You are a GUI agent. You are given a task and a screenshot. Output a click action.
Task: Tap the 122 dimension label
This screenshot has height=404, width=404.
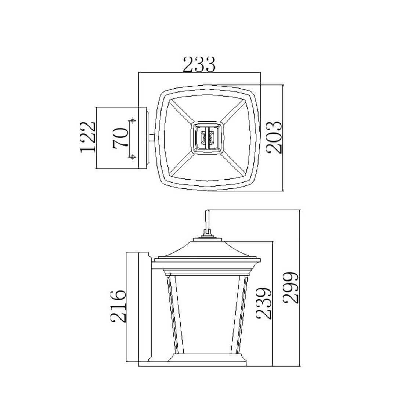point(88,137)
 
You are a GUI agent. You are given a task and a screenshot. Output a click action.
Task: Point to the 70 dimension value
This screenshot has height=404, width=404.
point(120,137)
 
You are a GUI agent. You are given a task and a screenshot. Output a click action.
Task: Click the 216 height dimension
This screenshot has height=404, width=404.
point(119,306)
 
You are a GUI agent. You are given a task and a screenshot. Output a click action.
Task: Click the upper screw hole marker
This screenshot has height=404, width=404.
point(133,120)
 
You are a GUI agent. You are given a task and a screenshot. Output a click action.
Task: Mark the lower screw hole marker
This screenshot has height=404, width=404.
point(133,156)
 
